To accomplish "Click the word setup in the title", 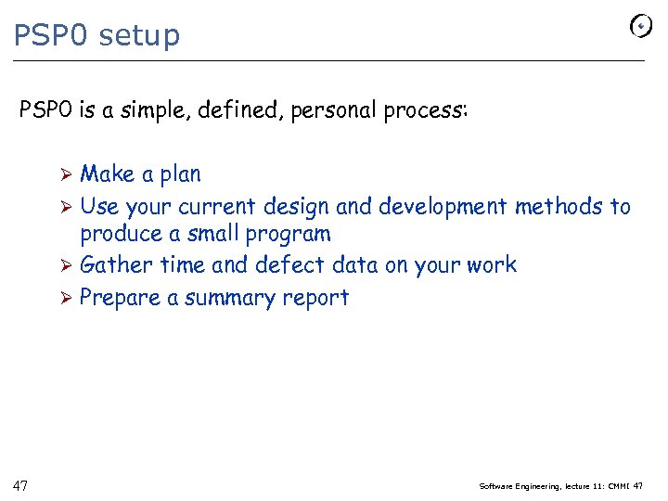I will click(x=139, y=35).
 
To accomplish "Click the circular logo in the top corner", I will click(x=640, y=27).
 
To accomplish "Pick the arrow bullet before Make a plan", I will click(x=67, y=174).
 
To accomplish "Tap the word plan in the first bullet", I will click(x=180, y=174).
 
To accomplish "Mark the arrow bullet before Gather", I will click(x=67, y=265).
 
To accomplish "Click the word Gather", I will click(x=117, y=265).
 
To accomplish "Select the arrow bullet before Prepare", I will click(x=67, y=298).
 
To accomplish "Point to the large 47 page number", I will click(x=21, y=484).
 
